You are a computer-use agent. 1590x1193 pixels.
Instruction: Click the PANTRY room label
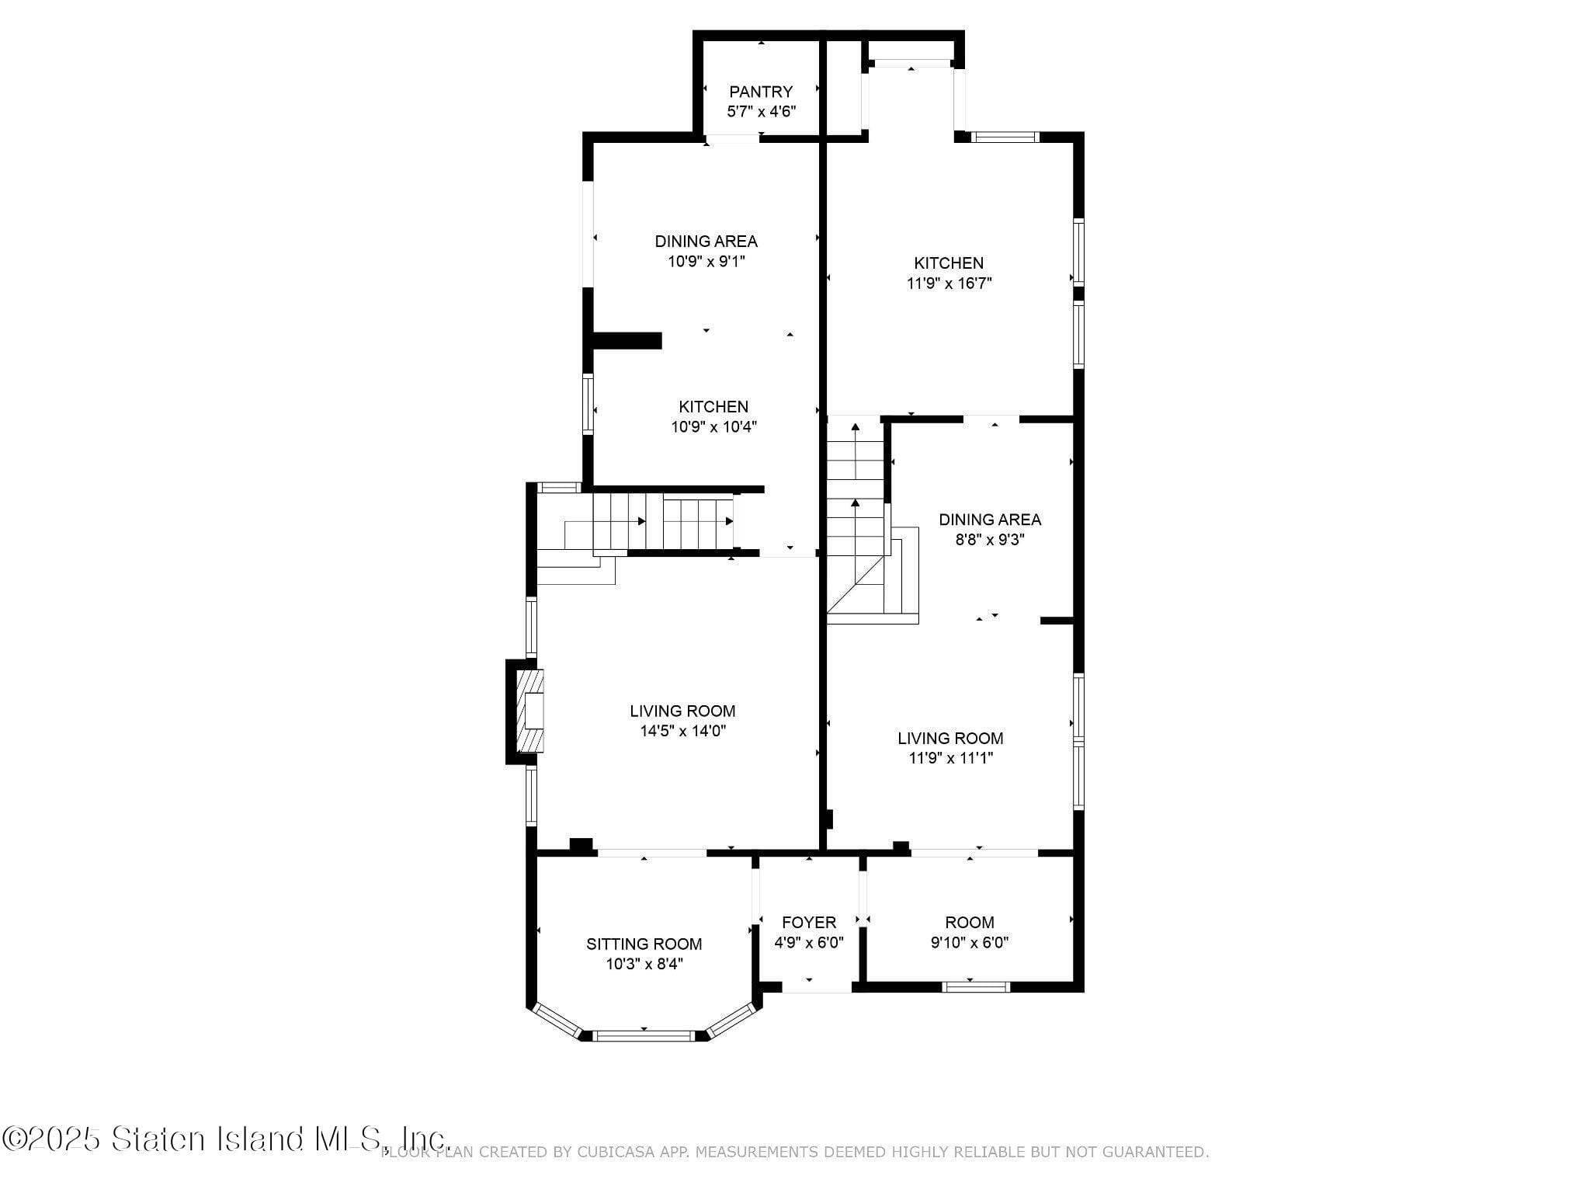click(761, 92)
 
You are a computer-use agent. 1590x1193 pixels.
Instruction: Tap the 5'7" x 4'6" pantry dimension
click(761, 112)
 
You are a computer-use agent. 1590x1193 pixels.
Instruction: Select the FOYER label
click(809, 922)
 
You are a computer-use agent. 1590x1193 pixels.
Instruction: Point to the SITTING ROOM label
click(644, 944)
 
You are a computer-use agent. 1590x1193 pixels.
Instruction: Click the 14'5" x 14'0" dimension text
click(682, 731)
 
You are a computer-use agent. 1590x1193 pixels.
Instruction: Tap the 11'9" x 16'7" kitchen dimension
click(949, 283)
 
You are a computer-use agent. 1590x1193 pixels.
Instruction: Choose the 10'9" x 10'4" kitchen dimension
click(713, 426)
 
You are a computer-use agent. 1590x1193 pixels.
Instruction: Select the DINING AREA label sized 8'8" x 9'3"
click(990, 520)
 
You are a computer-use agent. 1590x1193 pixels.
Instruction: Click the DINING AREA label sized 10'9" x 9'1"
click(706, 242)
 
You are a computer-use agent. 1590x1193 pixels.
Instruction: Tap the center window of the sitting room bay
click(644, 1035)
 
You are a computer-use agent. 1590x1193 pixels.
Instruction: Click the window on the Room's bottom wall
click(976, 987)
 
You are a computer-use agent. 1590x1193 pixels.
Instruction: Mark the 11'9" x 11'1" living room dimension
click(950, 758)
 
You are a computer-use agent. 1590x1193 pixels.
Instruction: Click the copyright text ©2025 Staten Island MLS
click(226, 1139)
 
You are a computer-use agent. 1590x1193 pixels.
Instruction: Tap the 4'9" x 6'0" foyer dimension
click(809, 942)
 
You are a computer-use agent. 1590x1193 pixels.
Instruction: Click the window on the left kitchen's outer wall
click(588, 403)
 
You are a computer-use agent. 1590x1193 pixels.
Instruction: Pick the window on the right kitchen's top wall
click(1006, 137)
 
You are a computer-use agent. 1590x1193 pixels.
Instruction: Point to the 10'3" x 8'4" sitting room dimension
click(644, 964)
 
